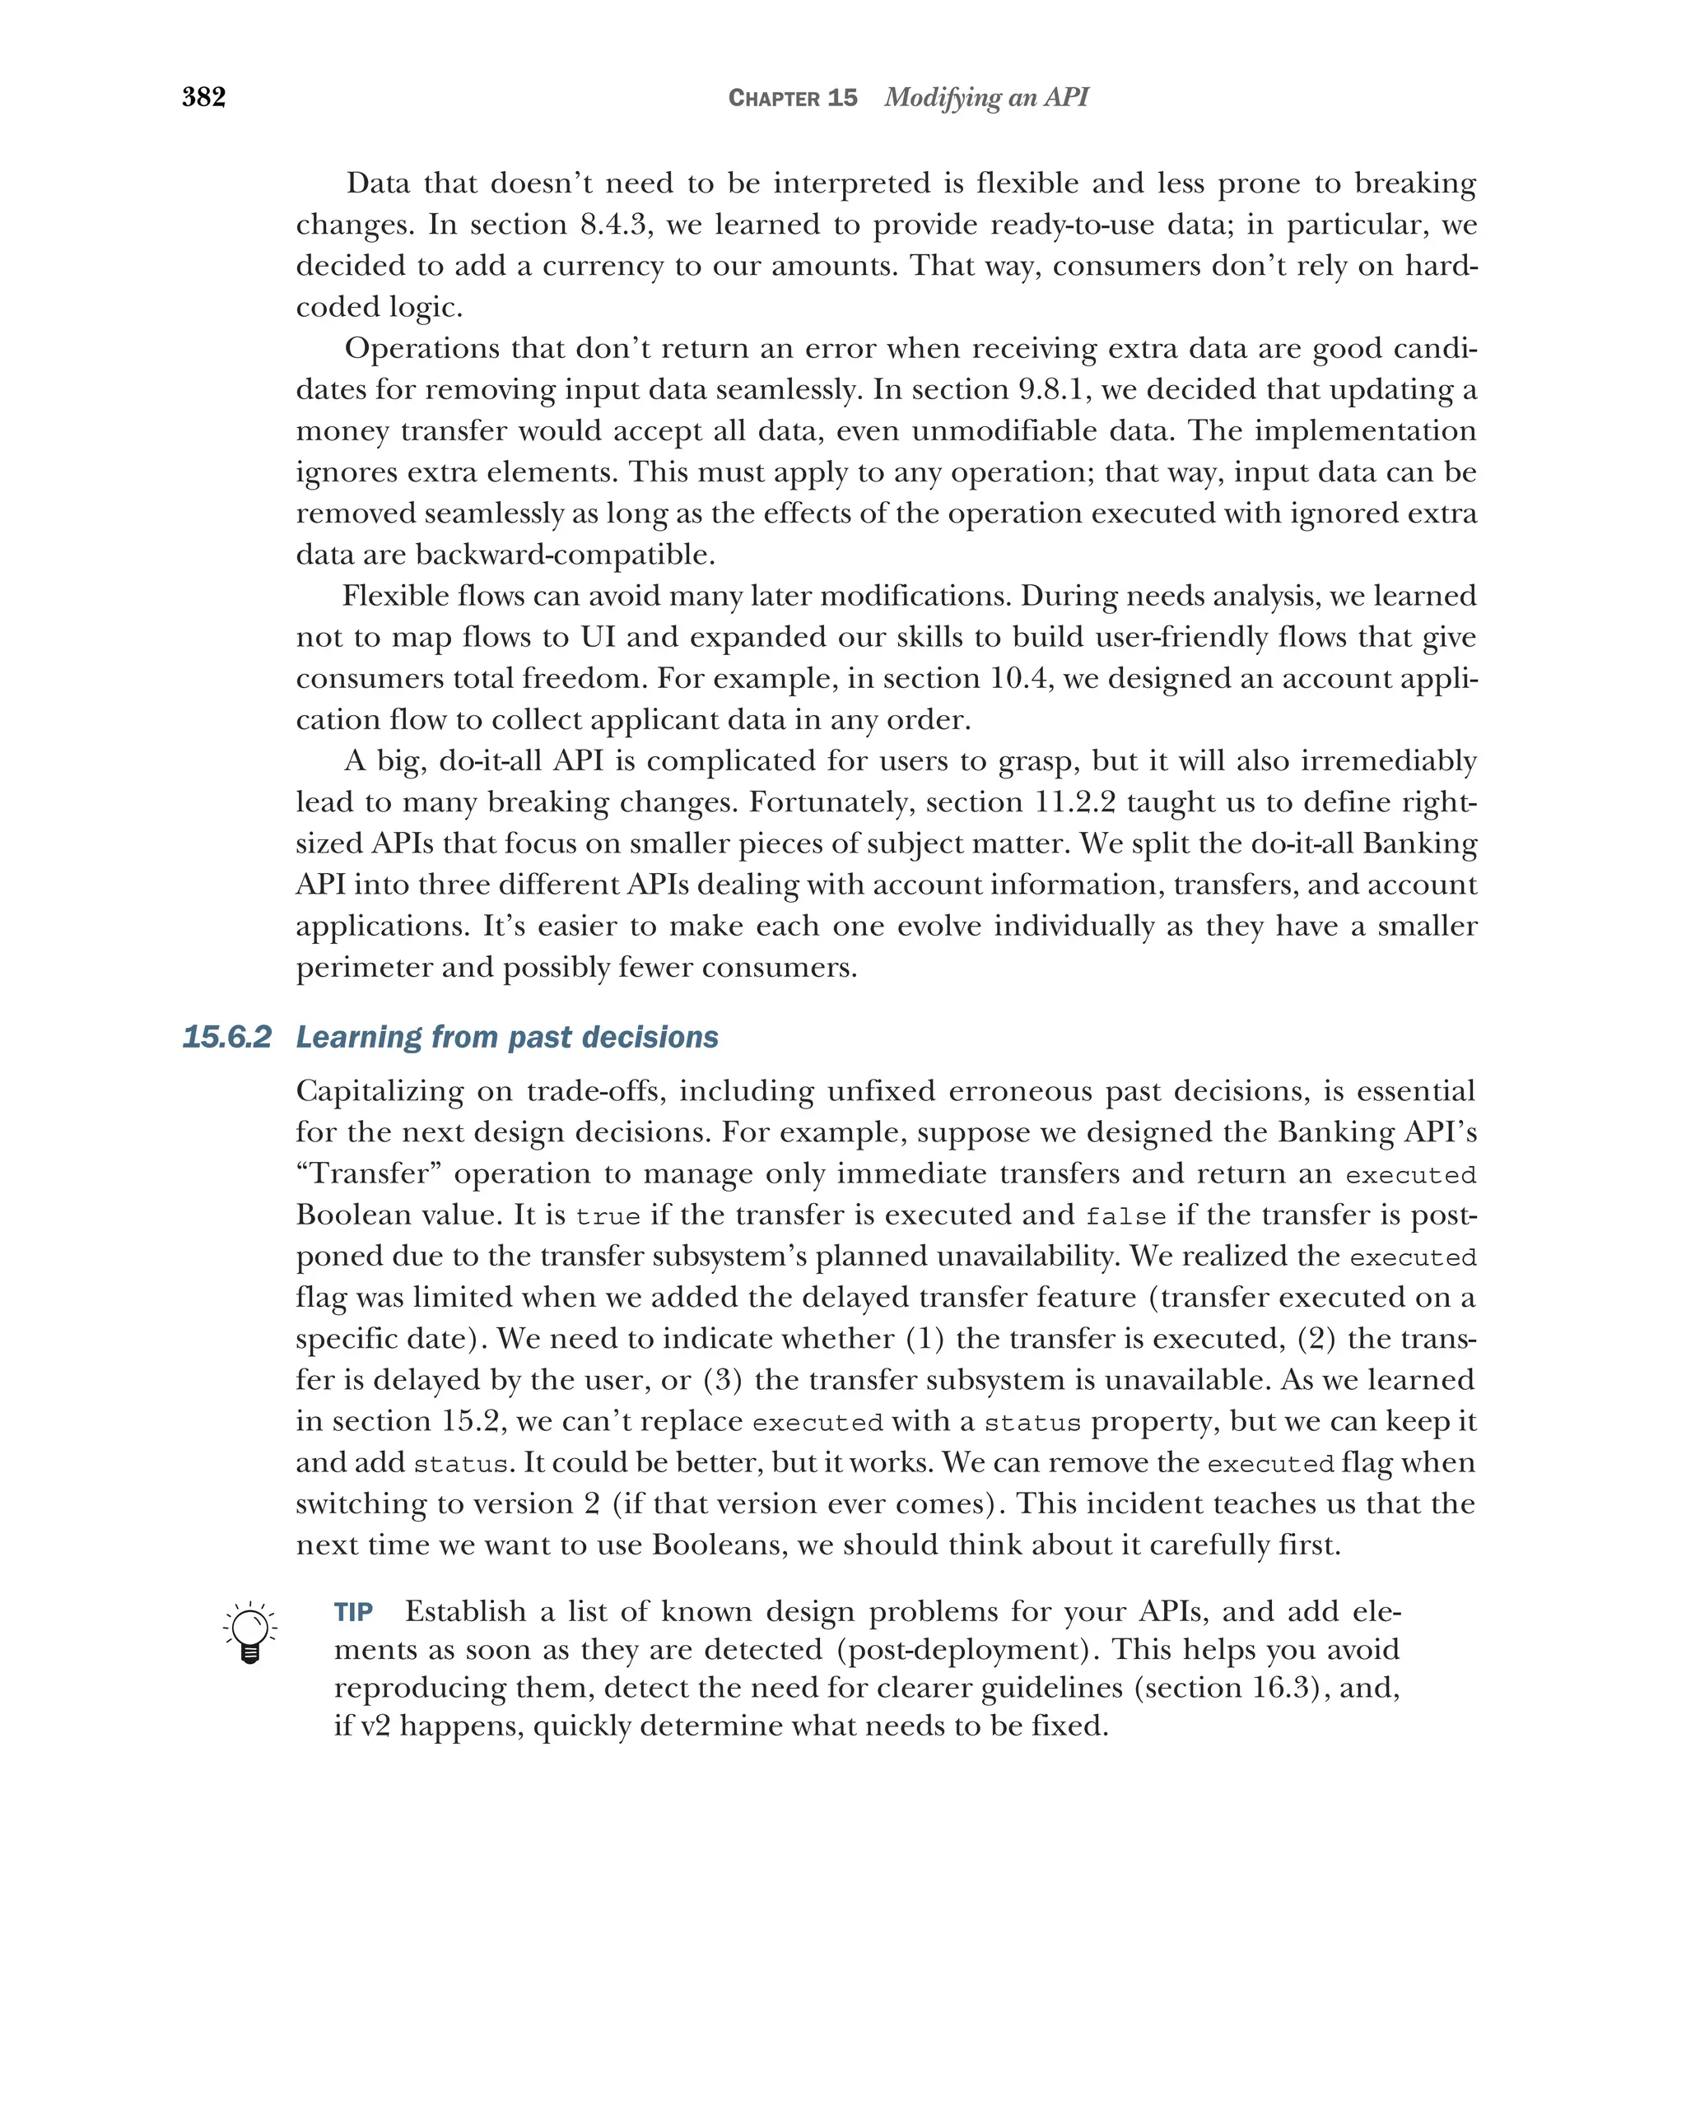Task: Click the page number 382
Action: pos(204,97)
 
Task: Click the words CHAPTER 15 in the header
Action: pos(793,98)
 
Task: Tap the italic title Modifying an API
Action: pos(985,97)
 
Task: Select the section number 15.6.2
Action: pos(226,1038)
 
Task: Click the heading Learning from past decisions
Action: pos(507,1038)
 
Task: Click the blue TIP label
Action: pos(353,1613)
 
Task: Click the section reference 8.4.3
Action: pos(616,225)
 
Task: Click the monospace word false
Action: pos(1125,1217)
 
